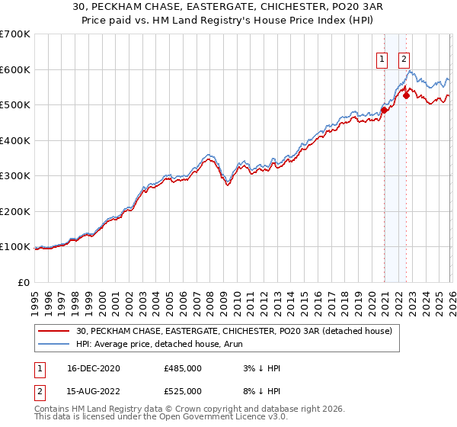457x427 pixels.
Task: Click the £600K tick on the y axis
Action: click(x=15, y=69)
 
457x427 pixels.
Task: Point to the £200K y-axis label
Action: click(x=15, y=211)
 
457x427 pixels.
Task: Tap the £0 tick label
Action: click(x=23, y=282)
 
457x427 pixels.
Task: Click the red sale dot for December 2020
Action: click(x=385, y=110)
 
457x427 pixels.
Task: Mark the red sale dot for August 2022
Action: click(x=407, y=96)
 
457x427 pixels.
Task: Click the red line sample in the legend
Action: click(x=55, y=331)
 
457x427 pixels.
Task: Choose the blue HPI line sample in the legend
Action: click(x=55, y=344)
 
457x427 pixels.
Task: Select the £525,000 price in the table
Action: click(x=183, y=393)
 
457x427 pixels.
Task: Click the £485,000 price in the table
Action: click(x=183, y=368)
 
